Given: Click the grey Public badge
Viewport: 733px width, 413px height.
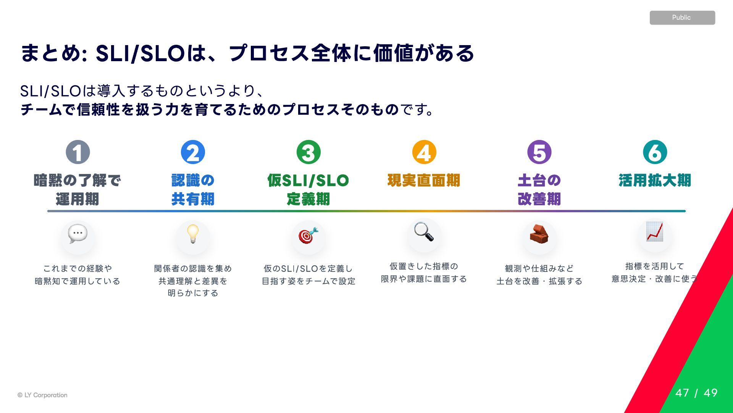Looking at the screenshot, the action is [682, 18].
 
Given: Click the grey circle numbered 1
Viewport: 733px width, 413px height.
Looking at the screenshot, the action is [78, 152].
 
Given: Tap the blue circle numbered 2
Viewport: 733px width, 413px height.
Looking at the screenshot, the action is [193, 152].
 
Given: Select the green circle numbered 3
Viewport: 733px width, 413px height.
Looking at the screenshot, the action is [308, 152].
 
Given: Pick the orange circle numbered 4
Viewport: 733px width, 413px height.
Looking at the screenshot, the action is [424, 152].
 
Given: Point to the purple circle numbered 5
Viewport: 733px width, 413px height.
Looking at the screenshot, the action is [539, 152].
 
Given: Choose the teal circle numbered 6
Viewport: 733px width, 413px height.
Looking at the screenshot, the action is [655, 152].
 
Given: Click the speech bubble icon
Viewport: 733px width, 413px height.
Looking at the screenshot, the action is [78, 234].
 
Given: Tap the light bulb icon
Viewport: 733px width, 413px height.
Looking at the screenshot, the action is [193, 234].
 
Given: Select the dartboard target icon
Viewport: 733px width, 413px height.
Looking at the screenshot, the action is [308, 235].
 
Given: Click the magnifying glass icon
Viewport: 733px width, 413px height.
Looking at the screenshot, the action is [424, 232].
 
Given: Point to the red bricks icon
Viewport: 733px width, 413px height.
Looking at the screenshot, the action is [539, 234].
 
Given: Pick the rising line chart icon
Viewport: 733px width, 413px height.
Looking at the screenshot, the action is [655, 232].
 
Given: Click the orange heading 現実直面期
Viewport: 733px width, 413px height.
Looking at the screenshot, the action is [424, 180].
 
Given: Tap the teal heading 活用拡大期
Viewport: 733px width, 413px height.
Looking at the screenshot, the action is [655, 180].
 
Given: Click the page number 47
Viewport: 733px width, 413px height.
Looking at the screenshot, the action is [682, 393].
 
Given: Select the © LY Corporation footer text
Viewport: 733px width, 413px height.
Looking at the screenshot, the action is [42, 395].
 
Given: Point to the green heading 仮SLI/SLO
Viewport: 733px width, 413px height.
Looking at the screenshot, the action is [308, 180].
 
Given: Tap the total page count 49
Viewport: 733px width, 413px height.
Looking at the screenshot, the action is [711, 393].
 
